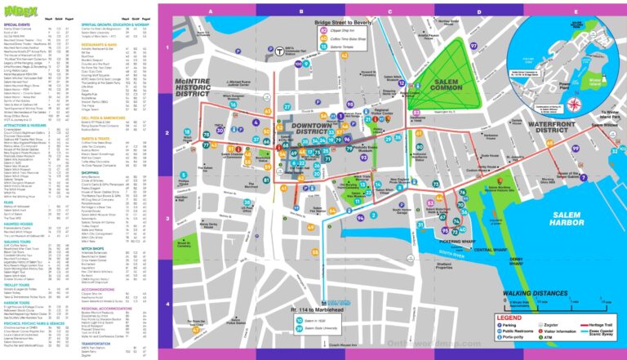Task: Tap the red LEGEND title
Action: (509, 317)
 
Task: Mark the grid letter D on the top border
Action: (478, 11)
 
